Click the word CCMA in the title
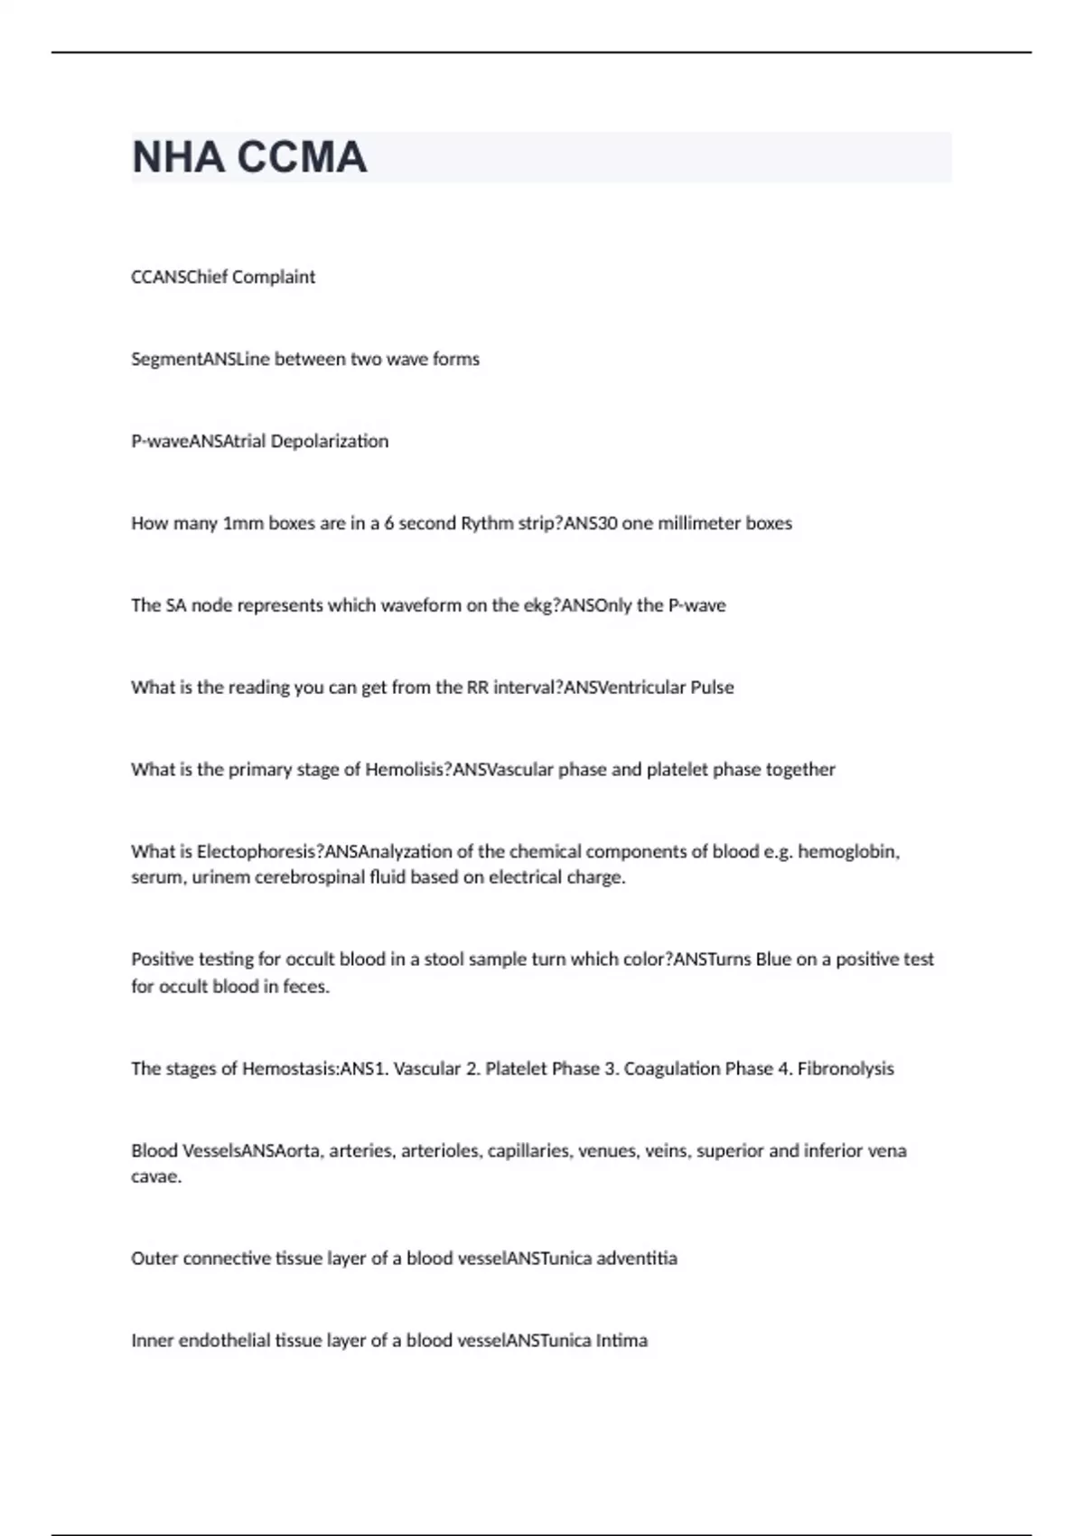[302, 158]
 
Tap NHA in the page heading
[178, 158]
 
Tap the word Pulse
[712, 688]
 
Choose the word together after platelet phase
[800, 770]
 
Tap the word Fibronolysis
[846, 1069]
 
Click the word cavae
[156, 1177]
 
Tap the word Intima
[621, 1341]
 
